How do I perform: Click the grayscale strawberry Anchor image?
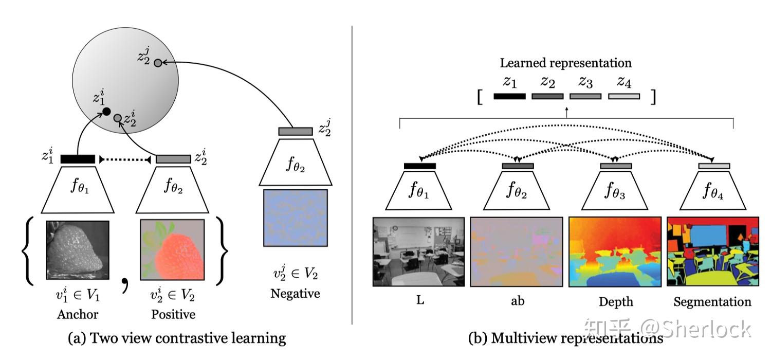coord(77,249)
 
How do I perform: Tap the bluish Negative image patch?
coord(296,218)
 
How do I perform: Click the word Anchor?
coord(77,314)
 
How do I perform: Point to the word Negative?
coord(295,294)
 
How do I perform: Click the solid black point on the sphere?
coord(106,112)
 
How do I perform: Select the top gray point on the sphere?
coord(158,63)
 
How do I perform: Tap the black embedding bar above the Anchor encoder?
coord(78,159)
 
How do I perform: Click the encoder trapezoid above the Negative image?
coord(295,161)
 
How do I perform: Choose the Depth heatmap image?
coord(615,251)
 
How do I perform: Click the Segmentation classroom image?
coord(712,251)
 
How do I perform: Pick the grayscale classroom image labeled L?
coord(418,251)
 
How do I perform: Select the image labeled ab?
coord(517,251)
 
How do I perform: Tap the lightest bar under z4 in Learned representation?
coord(623,96)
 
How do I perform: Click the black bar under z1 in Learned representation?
coord(509,96)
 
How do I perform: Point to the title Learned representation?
coord(566,63)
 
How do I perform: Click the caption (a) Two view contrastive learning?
coord(176,338)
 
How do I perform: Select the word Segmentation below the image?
coord(712,302)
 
